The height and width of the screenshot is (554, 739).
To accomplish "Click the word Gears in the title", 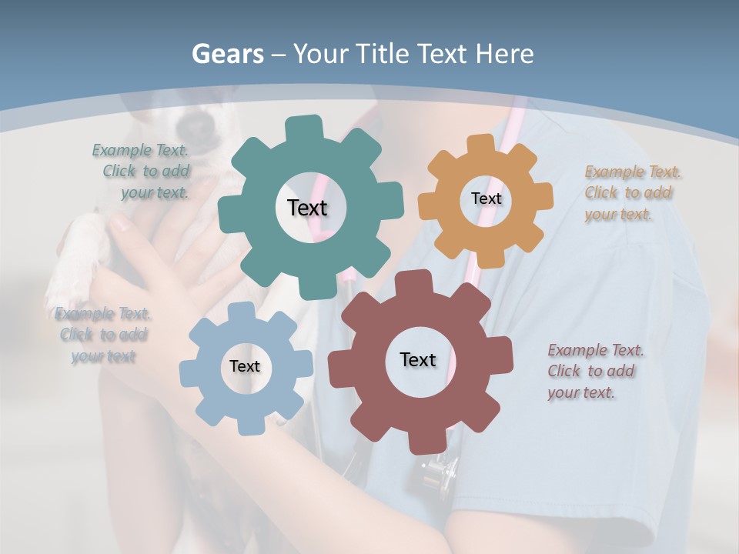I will point(228,54).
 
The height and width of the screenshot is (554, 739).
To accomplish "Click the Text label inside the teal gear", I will point(307,208).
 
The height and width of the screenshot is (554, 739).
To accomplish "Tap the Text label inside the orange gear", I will point(486,199).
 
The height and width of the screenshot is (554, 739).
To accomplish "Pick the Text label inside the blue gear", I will point(245,367).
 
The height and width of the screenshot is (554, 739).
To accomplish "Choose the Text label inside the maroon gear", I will point(418,360).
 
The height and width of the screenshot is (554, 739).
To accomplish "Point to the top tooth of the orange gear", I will point(481,143).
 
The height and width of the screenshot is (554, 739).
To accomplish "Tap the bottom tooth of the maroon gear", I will point(422,443).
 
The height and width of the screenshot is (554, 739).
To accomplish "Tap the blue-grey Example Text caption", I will point(103,335).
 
